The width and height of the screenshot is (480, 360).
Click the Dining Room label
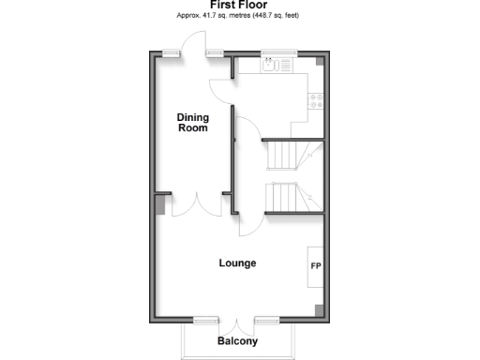[x=193, y=123]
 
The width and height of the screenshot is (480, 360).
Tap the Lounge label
[x=237, y=263]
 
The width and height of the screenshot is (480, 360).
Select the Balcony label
[x=237, y=341]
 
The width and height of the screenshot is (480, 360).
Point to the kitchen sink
[x=270, y=66]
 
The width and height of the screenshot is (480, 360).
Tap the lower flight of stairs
[x=292, y=198]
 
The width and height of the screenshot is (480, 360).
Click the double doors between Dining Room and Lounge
[x=197, y=204]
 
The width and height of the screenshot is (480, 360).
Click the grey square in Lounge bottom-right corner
[x=319, y=310]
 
